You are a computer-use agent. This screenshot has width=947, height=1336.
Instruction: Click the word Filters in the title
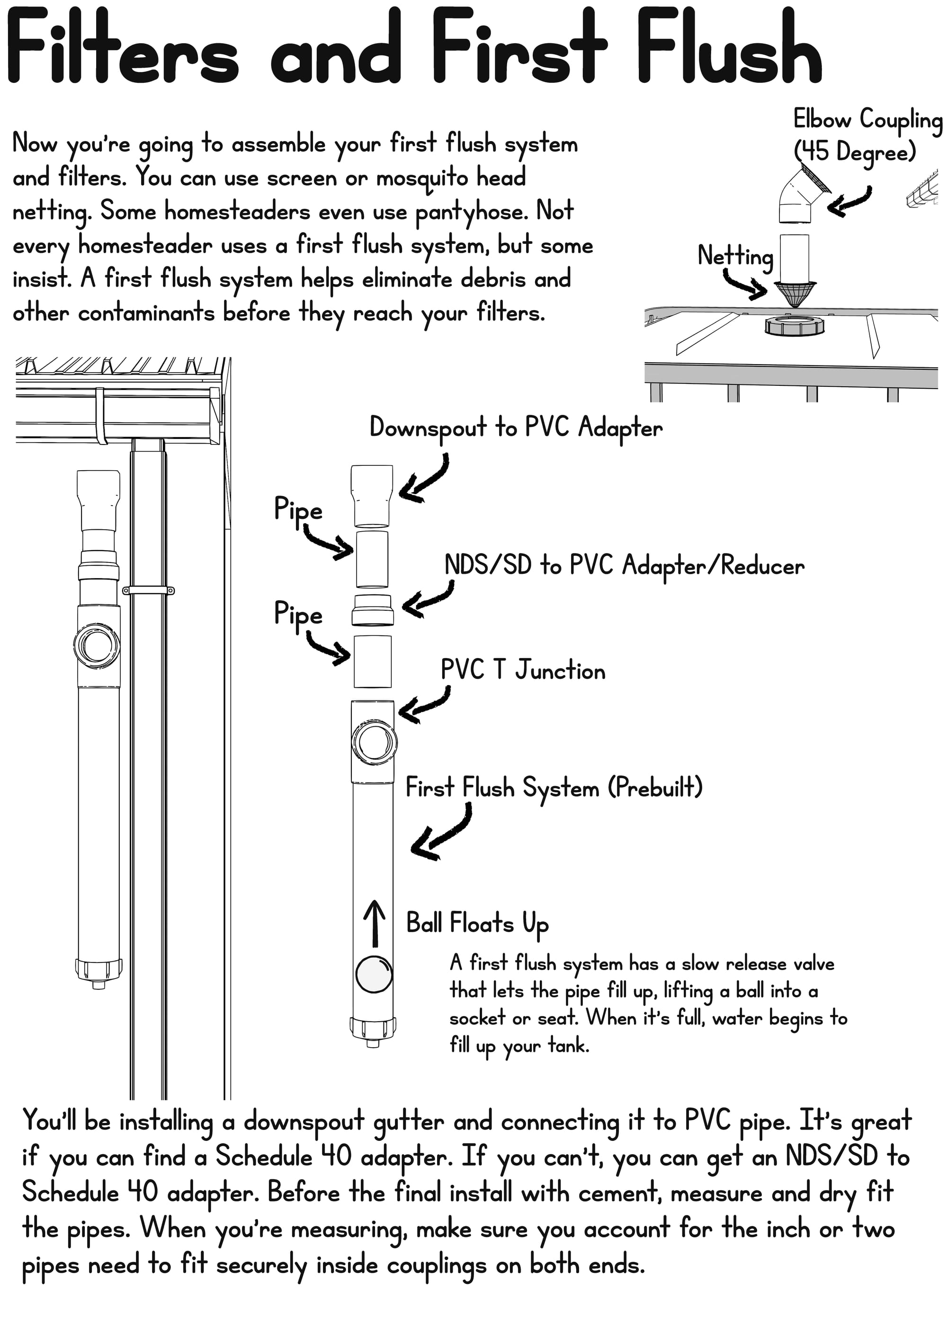[x=123, y=50]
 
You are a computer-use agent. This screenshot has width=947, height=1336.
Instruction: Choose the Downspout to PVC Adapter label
[x=516, y=428]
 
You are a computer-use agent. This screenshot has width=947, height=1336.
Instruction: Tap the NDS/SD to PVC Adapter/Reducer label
[x=624, y=565]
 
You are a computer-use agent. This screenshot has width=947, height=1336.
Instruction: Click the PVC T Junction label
[x=523, y=670]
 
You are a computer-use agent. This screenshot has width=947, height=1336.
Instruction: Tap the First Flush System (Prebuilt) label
[x=554, y=788]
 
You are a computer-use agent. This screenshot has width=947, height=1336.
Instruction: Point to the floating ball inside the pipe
[x=374, y=974]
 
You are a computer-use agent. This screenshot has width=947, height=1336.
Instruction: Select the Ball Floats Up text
[x=477, y=924]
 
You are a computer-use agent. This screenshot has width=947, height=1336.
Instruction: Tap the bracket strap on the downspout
[x=148, y=590]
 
